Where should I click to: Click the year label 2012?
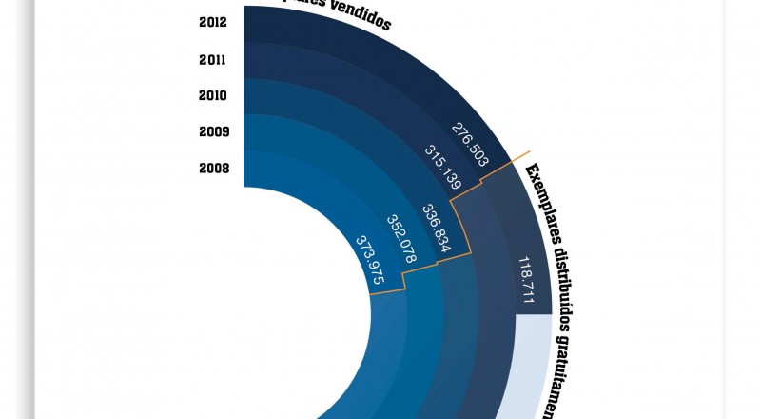(213, 23)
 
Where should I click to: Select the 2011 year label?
(213, 59)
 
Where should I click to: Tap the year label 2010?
(213, 95)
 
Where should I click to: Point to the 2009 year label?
(213, 131)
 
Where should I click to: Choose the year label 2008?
(213, 168)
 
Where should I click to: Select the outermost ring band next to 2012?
(285, 23)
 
